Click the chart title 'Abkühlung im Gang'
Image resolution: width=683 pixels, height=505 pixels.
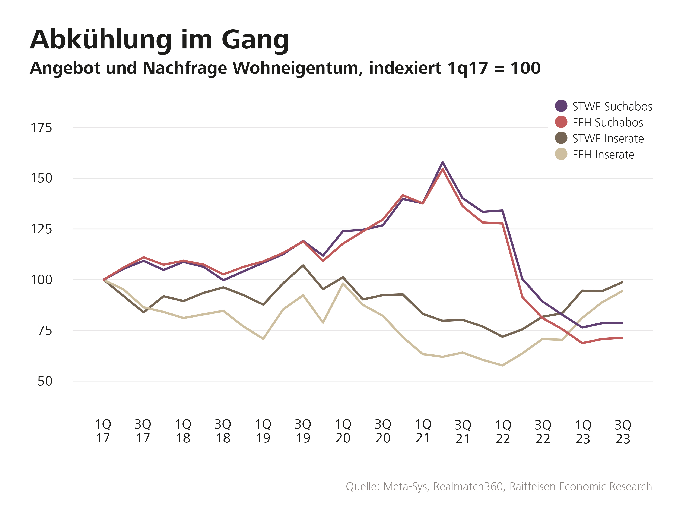click(159, 40)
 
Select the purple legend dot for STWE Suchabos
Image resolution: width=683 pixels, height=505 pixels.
click(561, 106)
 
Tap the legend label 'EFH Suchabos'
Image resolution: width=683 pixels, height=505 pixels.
click(607, 123)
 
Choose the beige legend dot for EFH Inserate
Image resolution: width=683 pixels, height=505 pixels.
click(561, 154)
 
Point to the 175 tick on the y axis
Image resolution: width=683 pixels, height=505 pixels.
click(41, 128)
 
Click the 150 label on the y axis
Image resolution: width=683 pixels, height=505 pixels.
click(41, 178)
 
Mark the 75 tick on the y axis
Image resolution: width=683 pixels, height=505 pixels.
click(45, 331)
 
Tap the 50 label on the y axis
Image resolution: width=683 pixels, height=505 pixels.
click(45, 381)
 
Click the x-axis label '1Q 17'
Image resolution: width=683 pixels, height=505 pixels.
click(103, 431)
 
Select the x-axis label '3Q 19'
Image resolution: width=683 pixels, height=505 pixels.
click(303, 431)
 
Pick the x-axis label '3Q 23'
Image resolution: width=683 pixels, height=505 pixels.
click(623, 432)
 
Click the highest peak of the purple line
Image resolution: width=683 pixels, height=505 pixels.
click(442, 162)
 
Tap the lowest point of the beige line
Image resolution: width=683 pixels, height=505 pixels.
click(502, 365)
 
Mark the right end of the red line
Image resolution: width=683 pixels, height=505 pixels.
click(622, 337)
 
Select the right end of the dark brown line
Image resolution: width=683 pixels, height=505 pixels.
click(622, 282)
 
